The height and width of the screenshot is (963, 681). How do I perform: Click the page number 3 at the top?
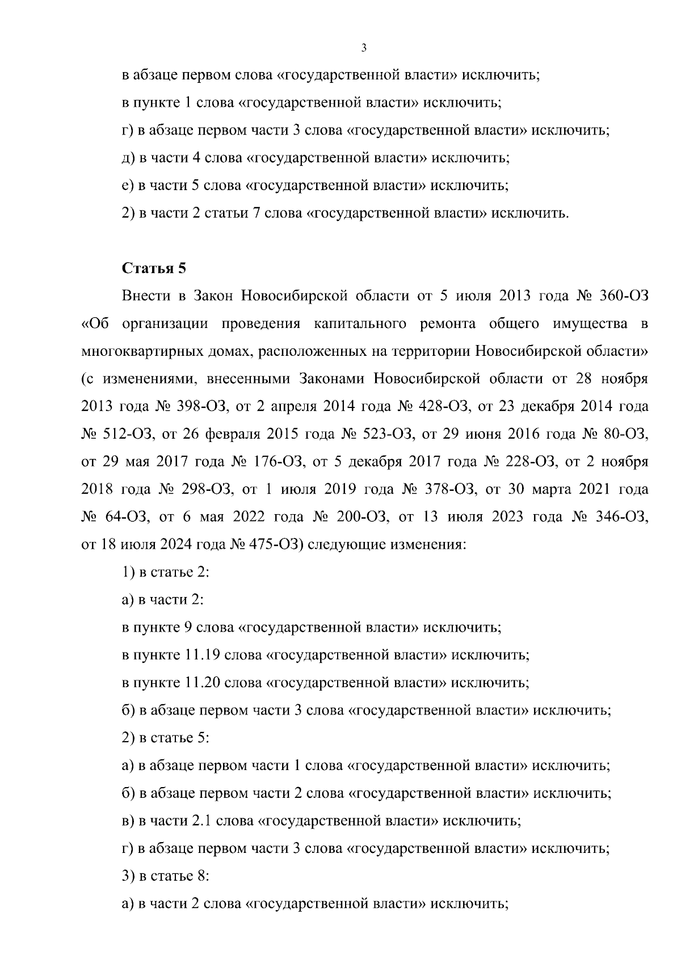click(x=364, y=48)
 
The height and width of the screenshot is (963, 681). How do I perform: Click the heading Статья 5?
click(x=154, y=268)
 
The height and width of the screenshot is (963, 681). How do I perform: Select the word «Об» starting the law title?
click(x=95, y=324)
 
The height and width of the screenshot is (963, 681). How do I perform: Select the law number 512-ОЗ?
click(x=127, y=434)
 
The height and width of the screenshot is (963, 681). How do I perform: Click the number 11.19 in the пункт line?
click(x=202, y=655)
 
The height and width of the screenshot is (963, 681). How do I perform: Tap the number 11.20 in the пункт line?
click(x=202, y=682)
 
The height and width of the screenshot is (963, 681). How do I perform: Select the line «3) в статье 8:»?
click(x=166, y=876)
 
